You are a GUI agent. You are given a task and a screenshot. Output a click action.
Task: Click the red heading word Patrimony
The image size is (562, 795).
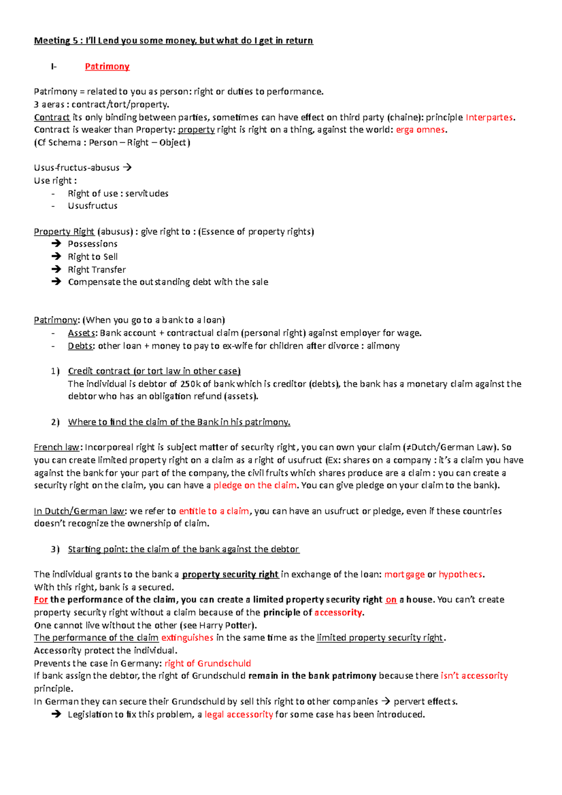click(x=107, y=66)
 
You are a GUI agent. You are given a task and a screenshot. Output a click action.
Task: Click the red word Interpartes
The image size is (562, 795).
click(x=489, y=117)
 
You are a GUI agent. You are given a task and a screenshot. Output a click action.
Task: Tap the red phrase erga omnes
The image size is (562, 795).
click(x=420, y=130)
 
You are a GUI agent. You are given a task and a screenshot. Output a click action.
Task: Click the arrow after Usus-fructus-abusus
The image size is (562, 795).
click(x=127, y=167)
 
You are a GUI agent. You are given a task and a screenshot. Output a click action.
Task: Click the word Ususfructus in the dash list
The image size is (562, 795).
click(x=93, y=206)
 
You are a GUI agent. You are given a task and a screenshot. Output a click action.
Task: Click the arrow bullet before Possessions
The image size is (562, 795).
click(x=56, y=243)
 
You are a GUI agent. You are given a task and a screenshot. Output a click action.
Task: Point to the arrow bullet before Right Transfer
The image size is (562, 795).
click(x=56, y=269)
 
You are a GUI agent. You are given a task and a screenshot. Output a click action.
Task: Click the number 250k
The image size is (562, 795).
click(x=190, y=384)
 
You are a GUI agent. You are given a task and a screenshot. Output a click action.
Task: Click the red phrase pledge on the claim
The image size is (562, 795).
click(x=255, y=485)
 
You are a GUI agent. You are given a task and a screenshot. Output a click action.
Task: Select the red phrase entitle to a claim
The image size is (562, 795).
click(x=214, y=511)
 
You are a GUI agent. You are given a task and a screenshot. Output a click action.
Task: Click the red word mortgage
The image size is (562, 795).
click(x=404, y=574)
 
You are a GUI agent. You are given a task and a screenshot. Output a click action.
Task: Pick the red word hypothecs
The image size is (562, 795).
click(x=460, y=574)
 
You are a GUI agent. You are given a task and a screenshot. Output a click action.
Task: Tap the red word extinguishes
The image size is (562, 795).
click(x=187, y=638)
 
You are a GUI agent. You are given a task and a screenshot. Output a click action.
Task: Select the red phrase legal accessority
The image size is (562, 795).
click(x=238, y=714)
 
